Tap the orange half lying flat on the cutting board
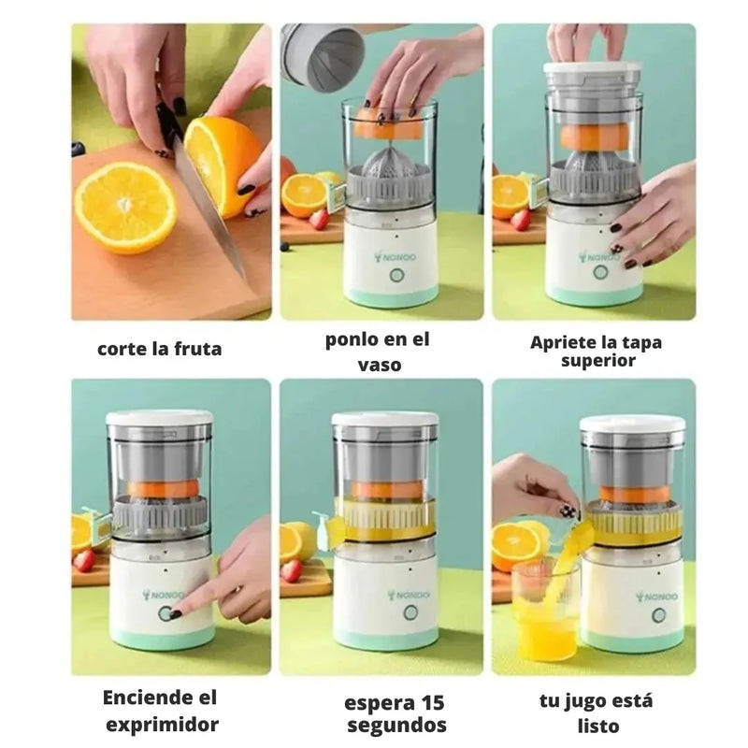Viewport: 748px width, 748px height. (125, 207)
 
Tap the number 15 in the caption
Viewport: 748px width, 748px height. (431, 703)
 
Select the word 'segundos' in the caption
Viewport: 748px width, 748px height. (396, 726)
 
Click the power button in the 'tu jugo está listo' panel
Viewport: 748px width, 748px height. (658, 614)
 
